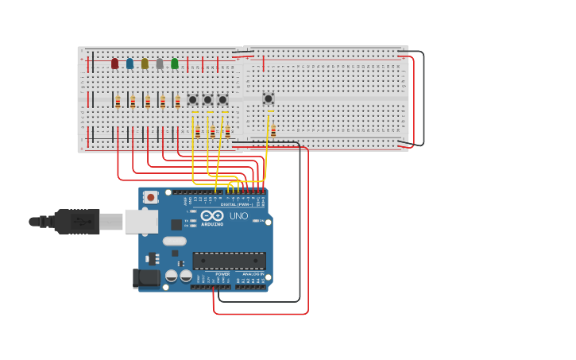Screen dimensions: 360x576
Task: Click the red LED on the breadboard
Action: [x=114, y=64]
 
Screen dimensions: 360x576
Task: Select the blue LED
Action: [x=130, y=64]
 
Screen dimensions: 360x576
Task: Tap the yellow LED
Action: [x=145, y=64]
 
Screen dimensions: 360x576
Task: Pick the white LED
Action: [x=160, y=64]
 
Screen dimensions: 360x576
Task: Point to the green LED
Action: [x=175, y=64]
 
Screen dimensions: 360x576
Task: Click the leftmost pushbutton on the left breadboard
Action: [x=192, y=99]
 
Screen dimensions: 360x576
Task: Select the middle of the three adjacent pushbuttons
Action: [x=207, y=99]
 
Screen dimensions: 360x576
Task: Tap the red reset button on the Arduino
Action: [x=150, y=196]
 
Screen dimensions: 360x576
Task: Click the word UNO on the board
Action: [x=238, y=216]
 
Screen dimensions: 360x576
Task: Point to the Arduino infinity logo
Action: [x=212, y=215]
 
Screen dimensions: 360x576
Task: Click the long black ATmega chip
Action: [x=229, y=261]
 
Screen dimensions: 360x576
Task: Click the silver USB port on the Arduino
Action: [x=141, y=222]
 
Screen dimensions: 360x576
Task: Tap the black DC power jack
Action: [x=147, y=277]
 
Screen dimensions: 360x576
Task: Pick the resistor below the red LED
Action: [x=118, y=102]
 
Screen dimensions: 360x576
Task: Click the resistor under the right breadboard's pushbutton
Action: [x=273, y=130]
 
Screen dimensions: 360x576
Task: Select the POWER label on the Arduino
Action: [x=222, y=274]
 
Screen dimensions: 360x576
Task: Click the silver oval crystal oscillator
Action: [x=174, y=241]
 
